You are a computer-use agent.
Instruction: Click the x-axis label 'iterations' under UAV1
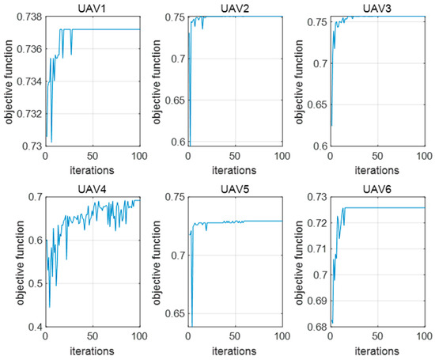tap(91, 169)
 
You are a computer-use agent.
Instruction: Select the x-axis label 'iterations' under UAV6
tap(377, 349)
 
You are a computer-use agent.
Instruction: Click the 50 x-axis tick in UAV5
tap(235, 335)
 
